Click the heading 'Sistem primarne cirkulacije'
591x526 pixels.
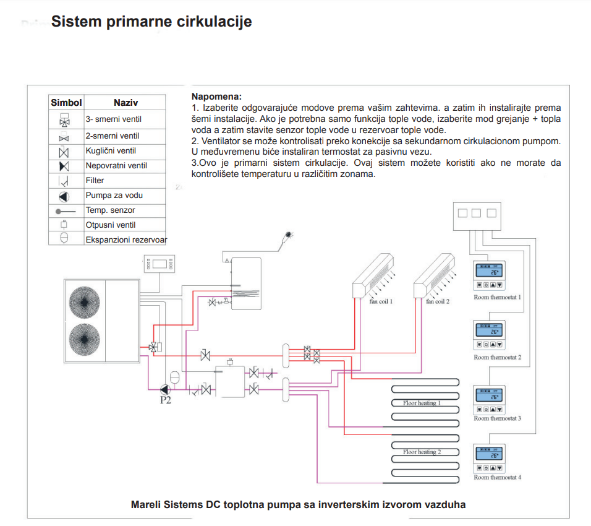[x=151, y=22]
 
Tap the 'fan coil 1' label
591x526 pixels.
[x=381, y=301]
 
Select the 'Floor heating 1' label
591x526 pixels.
[x=422, y=403]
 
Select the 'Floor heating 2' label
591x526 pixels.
[x=422, y=452]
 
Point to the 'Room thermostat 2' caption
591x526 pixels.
[x=497, y=358]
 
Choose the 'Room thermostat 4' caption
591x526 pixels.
[x=497, y=477]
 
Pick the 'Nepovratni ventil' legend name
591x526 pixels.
[x=116, y=166]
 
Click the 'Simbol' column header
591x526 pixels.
[x=66, y=102]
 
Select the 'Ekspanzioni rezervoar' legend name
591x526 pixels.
[x=126, y=239]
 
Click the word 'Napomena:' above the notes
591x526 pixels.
[x=216, y=97]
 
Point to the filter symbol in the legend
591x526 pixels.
[x=64, y=181]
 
